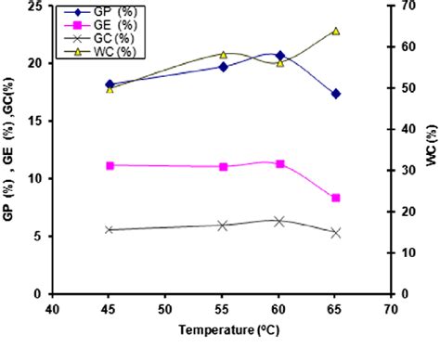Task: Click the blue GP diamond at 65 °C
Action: click(x=335, y=94)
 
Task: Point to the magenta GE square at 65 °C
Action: click(x=335, y=198)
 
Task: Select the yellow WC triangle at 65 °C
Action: click(x=335, y=31)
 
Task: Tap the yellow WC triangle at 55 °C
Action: click(x=223, y=55)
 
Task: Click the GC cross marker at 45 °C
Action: click(x=110, y=230)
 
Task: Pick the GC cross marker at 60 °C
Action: click(x=279, y=221)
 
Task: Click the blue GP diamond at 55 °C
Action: click(x=223, y=67)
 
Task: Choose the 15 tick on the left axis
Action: click(x=36, y=121)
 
